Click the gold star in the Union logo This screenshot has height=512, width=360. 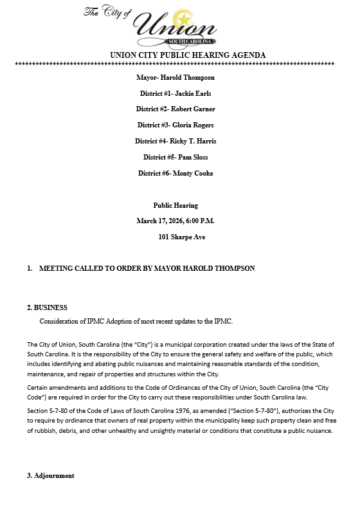coord(186,17)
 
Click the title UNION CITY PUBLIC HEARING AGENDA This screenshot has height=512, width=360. coord(188,55)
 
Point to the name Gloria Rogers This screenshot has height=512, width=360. coord(192,125)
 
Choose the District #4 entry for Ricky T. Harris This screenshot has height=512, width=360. coord(175,141)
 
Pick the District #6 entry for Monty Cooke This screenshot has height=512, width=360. coord(175,173)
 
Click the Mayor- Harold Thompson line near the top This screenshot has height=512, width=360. coord(175,77)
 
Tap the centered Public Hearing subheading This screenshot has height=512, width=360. coord(175,205)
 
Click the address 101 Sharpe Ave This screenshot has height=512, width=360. coord(181,237)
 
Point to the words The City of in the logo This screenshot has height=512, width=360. coord(107,12)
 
